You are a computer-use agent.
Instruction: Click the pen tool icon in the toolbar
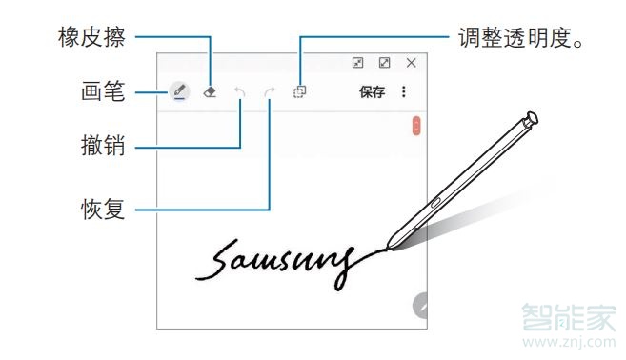[x=178, y=91]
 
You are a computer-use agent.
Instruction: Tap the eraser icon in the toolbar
[x=211, y=92]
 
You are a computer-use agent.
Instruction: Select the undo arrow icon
[x=240, y=92]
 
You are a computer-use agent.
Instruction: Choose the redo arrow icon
[x=270, y=92]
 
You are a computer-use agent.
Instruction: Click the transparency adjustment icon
[x=299, y=92]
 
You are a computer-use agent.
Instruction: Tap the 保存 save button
[x=372, y=92]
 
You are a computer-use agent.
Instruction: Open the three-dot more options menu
[x=404, y=92]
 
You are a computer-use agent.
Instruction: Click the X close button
[x=412, y=63]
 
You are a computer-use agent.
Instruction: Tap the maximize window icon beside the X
[x=384, y=63]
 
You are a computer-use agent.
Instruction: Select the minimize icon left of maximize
[x=357, y=63]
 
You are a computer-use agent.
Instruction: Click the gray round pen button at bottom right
[x=420, y=307]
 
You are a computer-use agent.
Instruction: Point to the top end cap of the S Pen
[x=532, y=119]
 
